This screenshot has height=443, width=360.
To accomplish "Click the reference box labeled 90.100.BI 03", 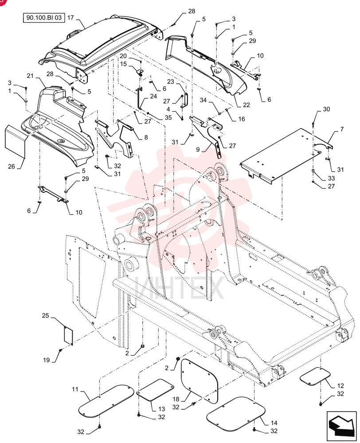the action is (44, 18).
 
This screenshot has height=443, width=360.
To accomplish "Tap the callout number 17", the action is (70, 18).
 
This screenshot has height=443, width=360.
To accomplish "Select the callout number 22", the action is (247, 105).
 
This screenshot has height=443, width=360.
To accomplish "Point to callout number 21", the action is (30, 76).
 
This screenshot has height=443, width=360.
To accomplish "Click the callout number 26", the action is (12, 167).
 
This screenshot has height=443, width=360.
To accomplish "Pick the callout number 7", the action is (342, 129).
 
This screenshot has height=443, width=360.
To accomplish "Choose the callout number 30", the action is (326, 109).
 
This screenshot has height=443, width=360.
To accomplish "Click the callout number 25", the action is (46, 315).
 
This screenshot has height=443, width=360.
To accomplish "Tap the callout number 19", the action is (47, 360).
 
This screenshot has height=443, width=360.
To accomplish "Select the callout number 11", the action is (75, 389).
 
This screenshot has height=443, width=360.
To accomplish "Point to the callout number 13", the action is (161, 409).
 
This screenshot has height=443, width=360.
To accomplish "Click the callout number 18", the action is (176, 399).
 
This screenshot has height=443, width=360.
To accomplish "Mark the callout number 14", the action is (274, 423).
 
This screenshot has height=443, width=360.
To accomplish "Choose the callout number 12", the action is (340, 386).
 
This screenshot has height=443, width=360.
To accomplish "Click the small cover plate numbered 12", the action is (315, 376).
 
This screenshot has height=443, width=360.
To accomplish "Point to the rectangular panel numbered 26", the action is (16, 142).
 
